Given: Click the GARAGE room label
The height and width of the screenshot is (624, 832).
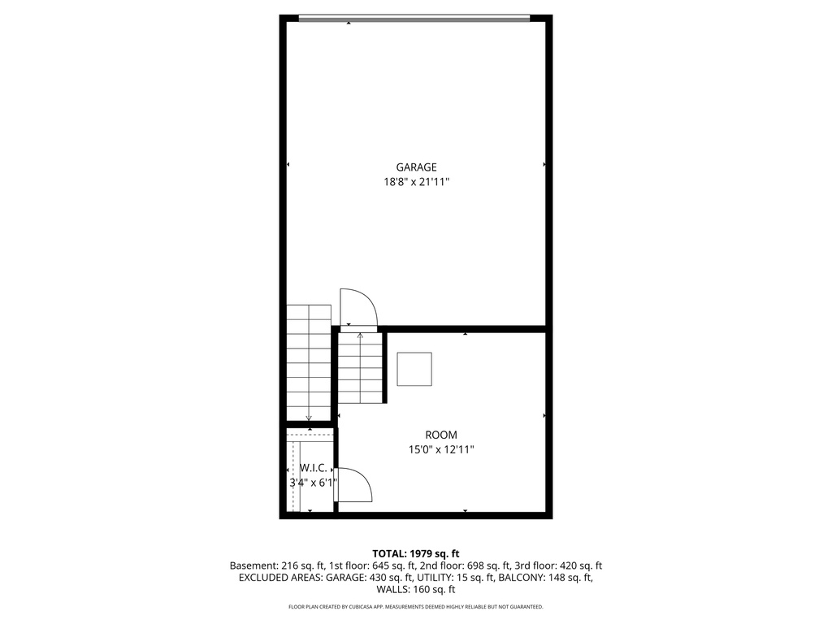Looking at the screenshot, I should point(416,167).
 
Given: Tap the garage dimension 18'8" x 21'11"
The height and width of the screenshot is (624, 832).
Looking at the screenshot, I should point(416,183).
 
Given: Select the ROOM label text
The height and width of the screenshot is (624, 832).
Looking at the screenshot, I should point(440,435).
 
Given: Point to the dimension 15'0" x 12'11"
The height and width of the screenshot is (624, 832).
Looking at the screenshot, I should point(440,449).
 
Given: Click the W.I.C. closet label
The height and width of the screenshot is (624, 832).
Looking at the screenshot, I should point(314,468).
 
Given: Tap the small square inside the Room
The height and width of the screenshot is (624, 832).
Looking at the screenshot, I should point(414,369).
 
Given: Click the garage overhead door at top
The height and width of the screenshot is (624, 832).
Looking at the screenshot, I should point(414,18).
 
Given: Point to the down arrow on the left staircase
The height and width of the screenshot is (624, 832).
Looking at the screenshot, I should point(309,418).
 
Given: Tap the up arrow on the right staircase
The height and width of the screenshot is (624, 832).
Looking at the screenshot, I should point(360,335).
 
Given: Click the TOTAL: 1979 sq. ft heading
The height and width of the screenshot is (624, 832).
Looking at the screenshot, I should point(416,553).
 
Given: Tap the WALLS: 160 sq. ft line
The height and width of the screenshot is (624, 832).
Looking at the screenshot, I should point(416,590).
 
